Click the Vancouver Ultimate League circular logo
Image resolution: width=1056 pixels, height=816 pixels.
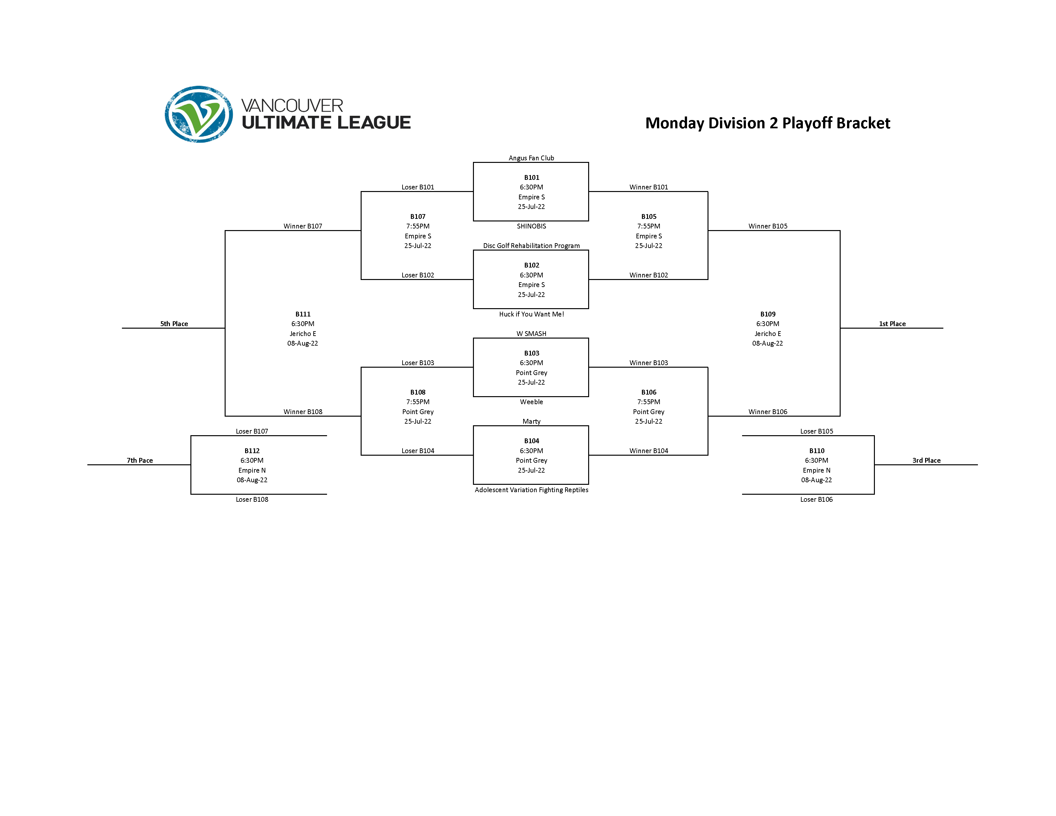(199, 114)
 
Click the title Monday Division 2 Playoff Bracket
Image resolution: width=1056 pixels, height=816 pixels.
(767, 123)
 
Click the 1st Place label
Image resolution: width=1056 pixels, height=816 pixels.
(892, 324)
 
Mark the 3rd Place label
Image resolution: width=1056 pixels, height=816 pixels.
(926, 460)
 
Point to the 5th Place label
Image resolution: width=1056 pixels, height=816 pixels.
(174, 324)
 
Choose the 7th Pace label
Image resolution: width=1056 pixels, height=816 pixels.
(140, 460)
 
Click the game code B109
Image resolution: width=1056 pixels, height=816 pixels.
(767, 314)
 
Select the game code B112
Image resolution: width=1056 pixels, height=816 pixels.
(252, 451)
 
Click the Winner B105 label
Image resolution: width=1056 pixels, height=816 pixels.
(767, 226)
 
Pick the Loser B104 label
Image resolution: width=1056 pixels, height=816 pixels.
(418, 451)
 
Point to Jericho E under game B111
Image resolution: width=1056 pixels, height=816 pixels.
(303, 333)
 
